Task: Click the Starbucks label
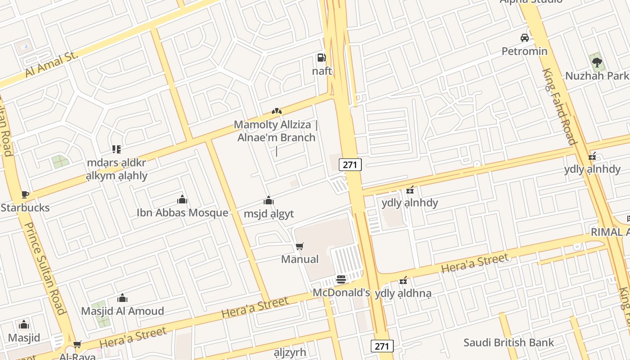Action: [25, 208]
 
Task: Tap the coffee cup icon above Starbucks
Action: [25, 194]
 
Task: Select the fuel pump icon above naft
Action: [321, 57]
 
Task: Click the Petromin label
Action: [525, 51]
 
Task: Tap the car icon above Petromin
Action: [525, 37]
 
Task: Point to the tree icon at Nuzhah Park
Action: [597, 62]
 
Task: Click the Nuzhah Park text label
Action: [597, 76]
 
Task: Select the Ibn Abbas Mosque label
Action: [182, 212]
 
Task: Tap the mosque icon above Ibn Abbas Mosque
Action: [182, 199]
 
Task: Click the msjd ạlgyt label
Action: [269, 214]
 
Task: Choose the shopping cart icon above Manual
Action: [300, 246]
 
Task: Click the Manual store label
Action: [300, 259]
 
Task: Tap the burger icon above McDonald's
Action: [341, 279]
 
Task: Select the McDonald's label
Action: [341, 292]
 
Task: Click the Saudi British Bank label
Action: [509, 342]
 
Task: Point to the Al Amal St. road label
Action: [52, 65]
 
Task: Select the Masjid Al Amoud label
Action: [122, 311]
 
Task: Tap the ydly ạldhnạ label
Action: [403, 293]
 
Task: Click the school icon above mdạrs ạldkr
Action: [117, 149]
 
